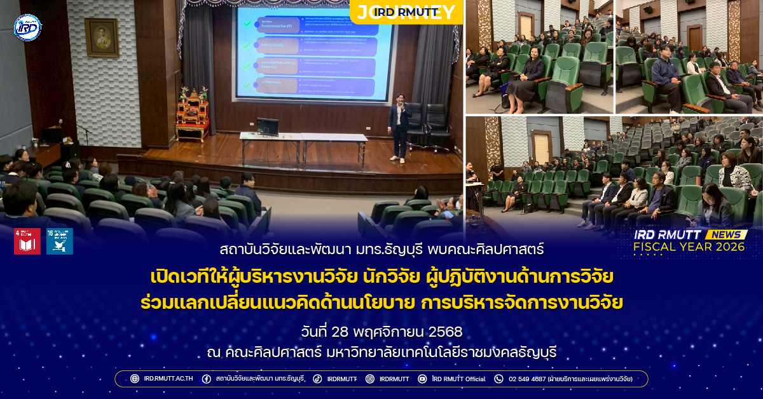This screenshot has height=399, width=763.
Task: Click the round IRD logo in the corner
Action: pos(27,27)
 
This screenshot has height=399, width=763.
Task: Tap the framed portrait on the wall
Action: pos(102,37)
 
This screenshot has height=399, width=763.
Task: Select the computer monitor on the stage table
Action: pos(268,126)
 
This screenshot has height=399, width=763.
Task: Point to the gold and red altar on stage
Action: pos(192,114)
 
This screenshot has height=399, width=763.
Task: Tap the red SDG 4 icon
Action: pos(27,241)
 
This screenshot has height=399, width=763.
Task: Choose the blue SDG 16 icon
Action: pos(59,241)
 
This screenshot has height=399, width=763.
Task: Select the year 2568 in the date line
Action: pos(445,332)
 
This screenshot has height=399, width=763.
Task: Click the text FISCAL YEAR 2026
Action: pos(689,247)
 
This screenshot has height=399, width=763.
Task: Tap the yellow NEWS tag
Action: pos(725,234)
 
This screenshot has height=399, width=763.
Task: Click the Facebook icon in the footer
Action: pos(207,379)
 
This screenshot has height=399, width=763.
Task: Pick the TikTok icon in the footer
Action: pos(317,379)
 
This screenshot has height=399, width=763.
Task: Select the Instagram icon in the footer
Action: pos(369,379)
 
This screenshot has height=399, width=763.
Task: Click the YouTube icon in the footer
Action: pos(422,379)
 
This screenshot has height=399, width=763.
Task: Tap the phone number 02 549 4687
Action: pos(527,379)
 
